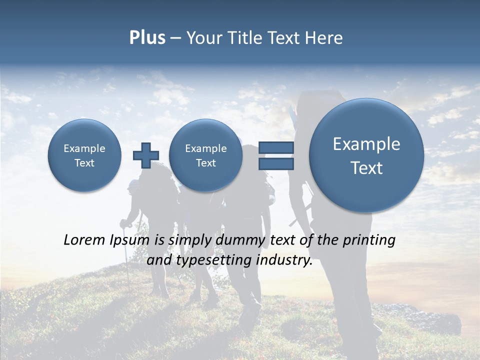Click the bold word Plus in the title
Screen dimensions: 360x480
coord(147,38)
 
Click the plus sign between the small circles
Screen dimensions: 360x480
coord(145,155)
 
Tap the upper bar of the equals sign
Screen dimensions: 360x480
coord(275,147)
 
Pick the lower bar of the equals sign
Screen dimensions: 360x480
coord(275,163)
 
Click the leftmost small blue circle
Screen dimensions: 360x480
coord(84,155)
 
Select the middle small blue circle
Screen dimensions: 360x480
coord(205,155)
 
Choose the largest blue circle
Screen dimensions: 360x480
coord(366,155)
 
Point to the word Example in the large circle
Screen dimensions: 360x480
coord(366,144)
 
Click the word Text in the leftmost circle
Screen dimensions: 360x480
coord(84,163)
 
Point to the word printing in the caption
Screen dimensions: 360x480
coord(369,240)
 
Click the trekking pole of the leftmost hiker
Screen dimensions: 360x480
coord(127,260)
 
